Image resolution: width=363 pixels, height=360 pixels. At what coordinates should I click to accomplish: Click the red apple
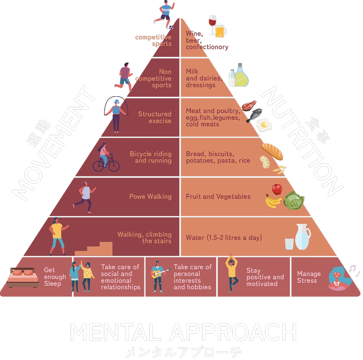pyautogui.click(x=277, y=189)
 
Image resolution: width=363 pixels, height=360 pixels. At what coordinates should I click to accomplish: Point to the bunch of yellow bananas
pyautogui.click(x=273, y=201)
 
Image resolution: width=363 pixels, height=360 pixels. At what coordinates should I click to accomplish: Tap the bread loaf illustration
pyautogui.click(x=272, y=151)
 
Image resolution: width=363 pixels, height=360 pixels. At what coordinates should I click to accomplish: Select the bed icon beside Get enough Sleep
pyautogui.click(x=23, y=277)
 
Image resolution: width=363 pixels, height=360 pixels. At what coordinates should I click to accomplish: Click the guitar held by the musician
pyautogui.click(x=160, y=273)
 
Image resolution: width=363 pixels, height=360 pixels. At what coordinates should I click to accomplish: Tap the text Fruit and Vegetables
pyautogui.click(x=218, y=196)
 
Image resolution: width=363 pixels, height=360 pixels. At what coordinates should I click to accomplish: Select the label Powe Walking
pyautogui.click(x=150, y=196)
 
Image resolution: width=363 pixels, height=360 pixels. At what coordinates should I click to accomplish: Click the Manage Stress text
pyautogui.click(x=308, y=277)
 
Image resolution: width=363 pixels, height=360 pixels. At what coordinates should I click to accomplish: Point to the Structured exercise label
pyautogui.click(x=154, y=117)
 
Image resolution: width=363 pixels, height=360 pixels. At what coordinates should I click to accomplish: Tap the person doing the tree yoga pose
pyautogui.click(x=231, y=273)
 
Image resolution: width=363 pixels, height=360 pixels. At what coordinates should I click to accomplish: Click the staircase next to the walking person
pyautogui.click(x=94, y=248)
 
